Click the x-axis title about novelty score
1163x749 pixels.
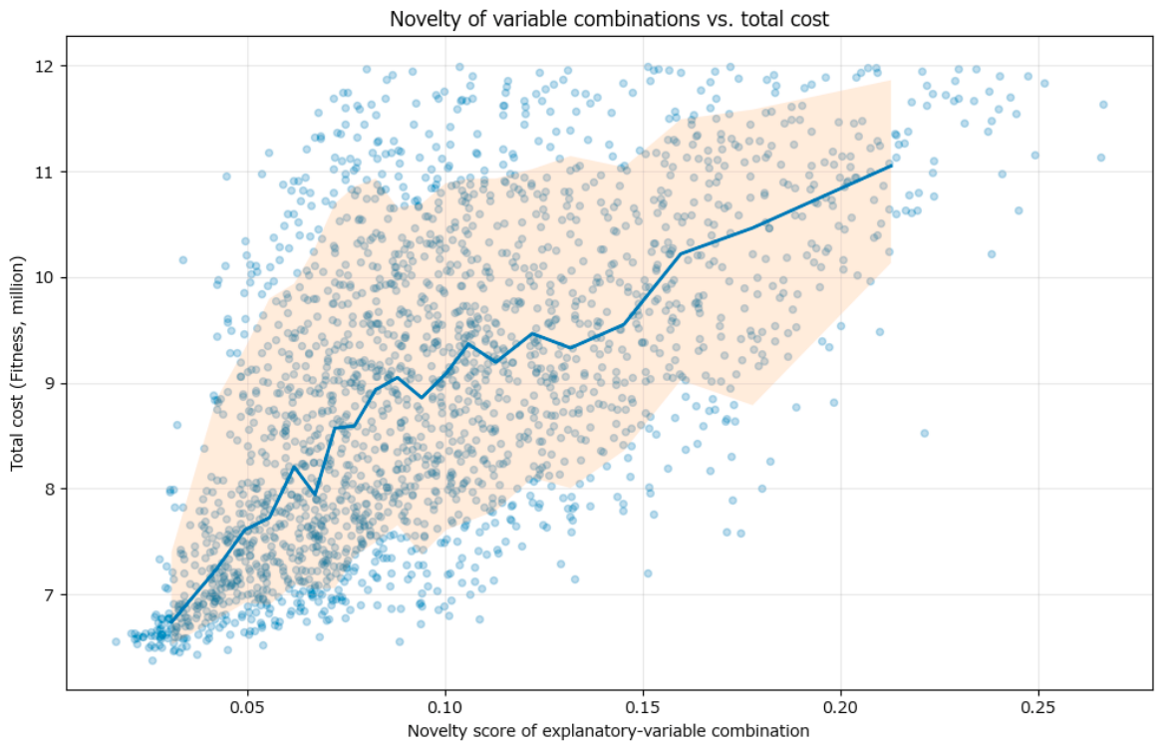(608, 731)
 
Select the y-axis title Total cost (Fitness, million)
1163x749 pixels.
(18, 363)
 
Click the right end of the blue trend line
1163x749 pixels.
(890, 165)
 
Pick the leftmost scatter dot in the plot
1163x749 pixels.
(116, 641)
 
